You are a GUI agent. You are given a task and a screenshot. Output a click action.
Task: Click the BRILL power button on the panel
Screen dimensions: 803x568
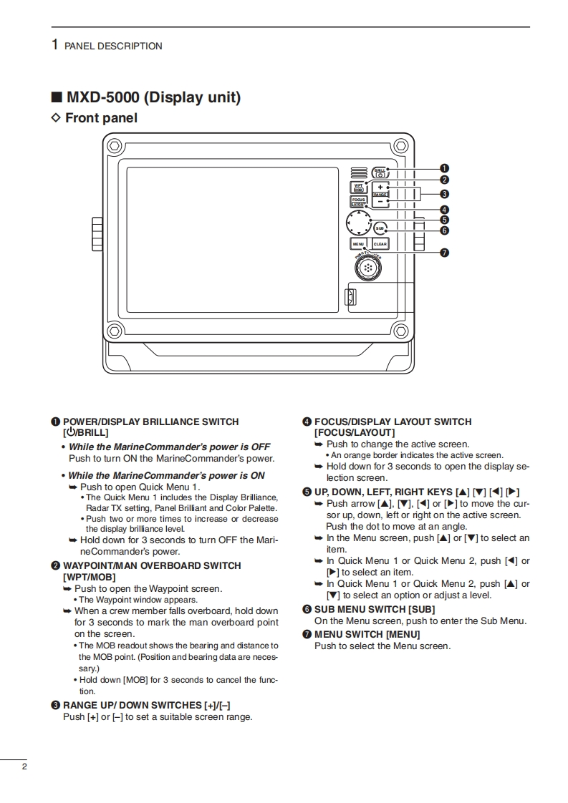coord(380,172)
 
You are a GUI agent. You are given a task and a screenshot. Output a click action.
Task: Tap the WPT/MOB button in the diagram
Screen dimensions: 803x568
coord(358,188)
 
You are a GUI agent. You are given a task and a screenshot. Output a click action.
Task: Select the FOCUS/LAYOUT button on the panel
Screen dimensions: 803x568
coord(358,202)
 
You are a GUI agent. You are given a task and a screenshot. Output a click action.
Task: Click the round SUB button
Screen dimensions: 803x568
coord(380,228)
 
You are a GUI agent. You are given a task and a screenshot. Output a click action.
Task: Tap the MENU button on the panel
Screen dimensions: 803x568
coord(358,244)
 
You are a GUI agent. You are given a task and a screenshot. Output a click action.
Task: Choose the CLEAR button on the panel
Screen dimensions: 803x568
coord(380,244)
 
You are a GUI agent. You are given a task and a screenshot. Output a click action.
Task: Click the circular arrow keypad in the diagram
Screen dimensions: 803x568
coord(357,223)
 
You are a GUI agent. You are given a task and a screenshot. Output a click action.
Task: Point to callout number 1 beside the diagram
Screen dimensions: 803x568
coord(444,168)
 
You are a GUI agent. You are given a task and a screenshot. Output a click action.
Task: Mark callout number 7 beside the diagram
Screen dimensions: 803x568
coord(444,252)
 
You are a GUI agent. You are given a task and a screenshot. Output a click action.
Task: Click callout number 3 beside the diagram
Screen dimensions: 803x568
coord(444,193)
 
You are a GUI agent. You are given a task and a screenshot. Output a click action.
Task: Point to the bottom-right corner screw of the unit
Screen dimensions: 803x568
coord(401,331)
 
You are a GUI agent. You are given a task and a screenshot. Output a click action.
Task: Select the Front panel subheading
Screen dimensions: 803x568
coord(101,118)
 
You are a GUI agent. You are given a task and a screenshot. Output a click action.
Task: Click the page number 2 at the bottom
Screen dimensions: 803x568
coord(24,768)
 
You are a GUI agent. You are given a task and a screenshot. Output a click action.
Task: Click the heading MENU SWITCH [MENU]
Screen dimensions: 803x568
coord(367,634)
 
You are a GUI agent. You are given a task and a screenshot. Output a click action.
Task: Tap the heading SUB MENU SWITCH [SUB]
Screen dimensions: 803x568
coord(375,610)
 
